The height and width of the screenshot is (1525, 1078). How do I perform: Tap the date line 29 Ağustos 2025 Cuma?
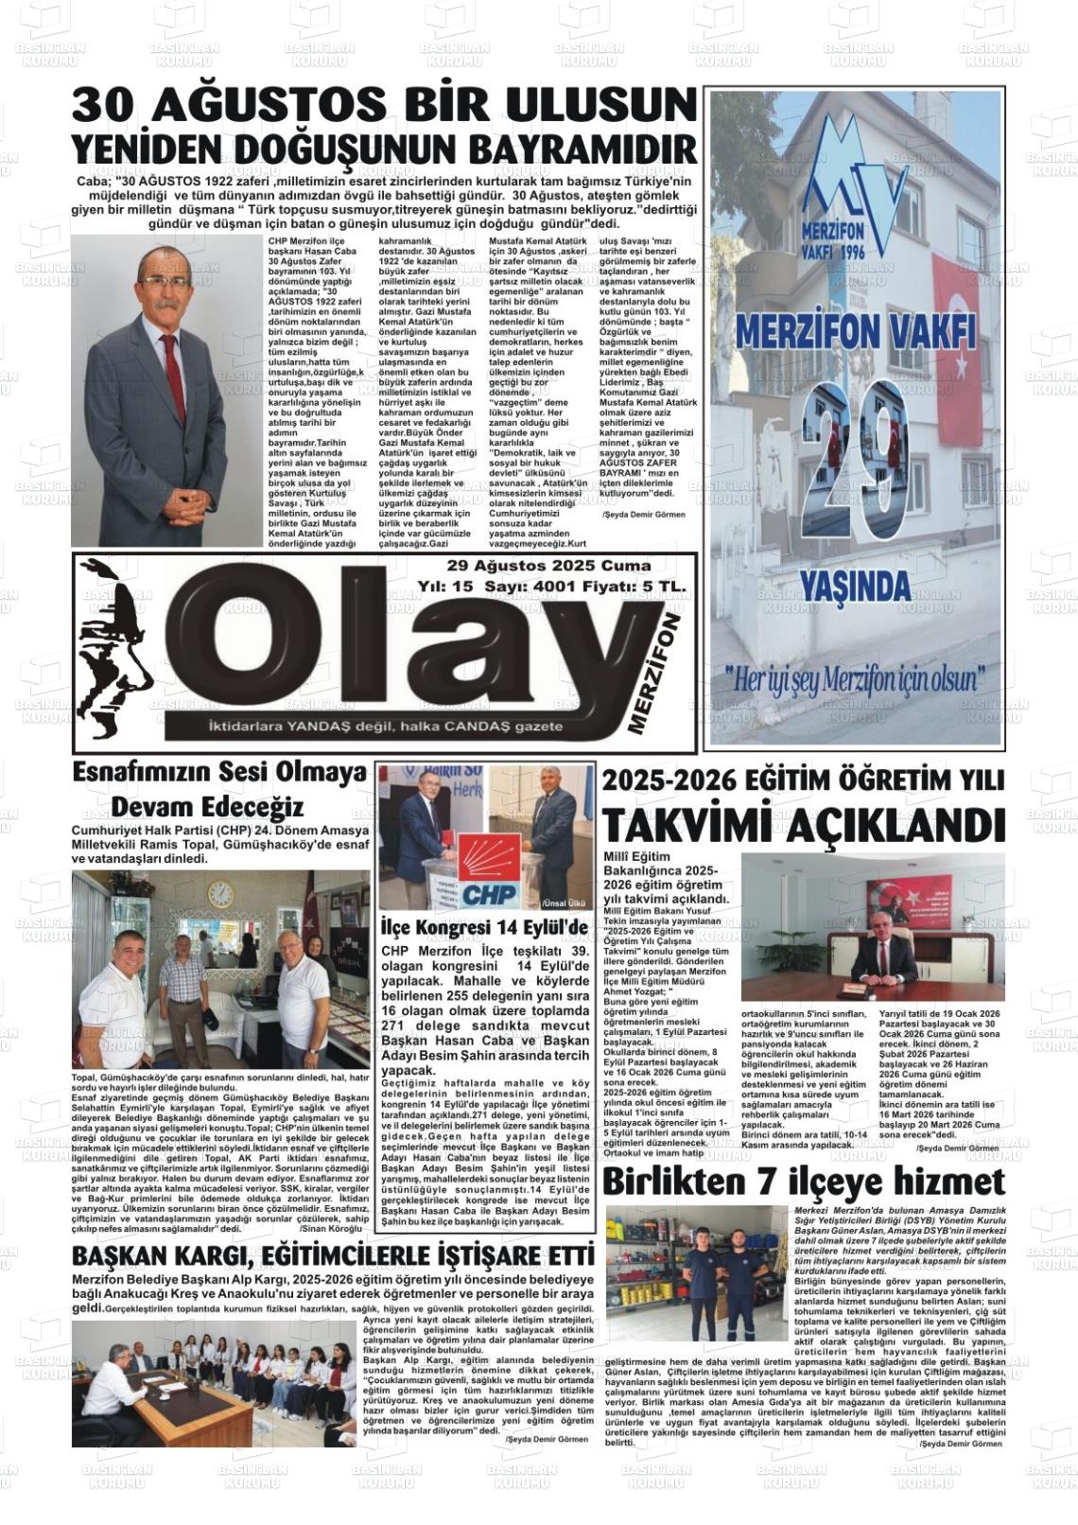pyautogui.click(x=549, y=567)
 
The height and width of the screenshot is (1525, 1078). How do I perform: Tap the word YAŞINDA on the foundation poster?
pyautogui.click(x=855, y=587)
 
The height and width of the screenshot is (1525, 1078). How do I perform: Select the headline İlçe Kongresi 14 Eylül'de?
pyautogui.click(x=484, y=926)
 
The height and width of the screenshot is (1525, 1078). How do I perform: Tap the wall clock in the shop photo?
pyautogui.click(x=219, y=894)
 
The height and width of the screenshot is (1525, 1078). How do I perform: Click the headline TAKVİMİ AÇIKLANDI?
pyautogui.click(x=804, y=825)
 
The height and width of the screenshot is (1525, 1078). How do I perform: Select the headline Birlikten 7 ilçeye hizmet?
pyautogui.click(x=803, y=1182)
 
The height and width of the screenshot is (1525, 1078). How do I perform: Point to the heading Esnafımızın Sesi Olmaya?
pyautogui.click(x=219, y=773)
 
